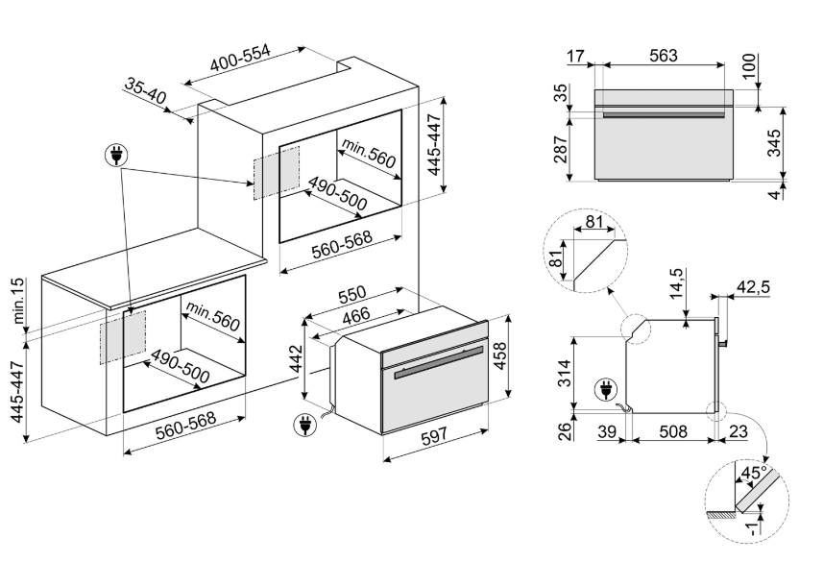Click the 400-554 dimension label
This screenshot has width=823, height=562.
click(240, 58)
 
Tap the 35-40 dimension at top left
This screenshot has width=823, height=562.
click(146, 90)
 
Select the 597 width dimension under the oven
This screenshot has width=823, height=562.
click(435, 435)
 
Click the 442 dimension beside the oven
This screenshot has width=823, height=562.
click(297, 358)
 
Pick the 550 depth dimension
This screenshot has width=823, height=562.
click(352, 295)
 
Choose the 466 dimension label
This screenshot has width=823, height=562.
click(356, 316)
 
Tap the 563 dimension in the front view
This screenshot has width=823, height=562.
click(664, 55)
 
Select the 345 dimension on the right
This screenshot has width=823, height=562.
click(774, 143)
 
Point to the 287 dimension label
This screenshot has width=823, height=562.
click(561, 150)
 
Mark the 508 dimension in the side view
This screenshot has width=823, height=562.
click(673, 431)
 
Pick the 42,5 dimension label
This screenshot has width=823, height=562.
click(753, 286)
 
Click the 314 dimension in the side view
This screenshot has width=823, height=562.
click(564, 373)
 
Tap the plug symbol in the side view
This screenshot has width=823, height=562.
click(606, 391)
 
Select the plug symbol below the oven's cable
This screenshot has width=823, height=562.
click(304, 425)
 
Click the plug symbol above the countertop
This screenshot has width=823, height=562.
click(117, 155)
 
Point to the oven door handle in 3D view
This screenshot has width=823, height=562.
click(439, 362)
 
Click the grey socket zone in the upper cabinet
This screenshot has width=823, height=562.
click(276, 172)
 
